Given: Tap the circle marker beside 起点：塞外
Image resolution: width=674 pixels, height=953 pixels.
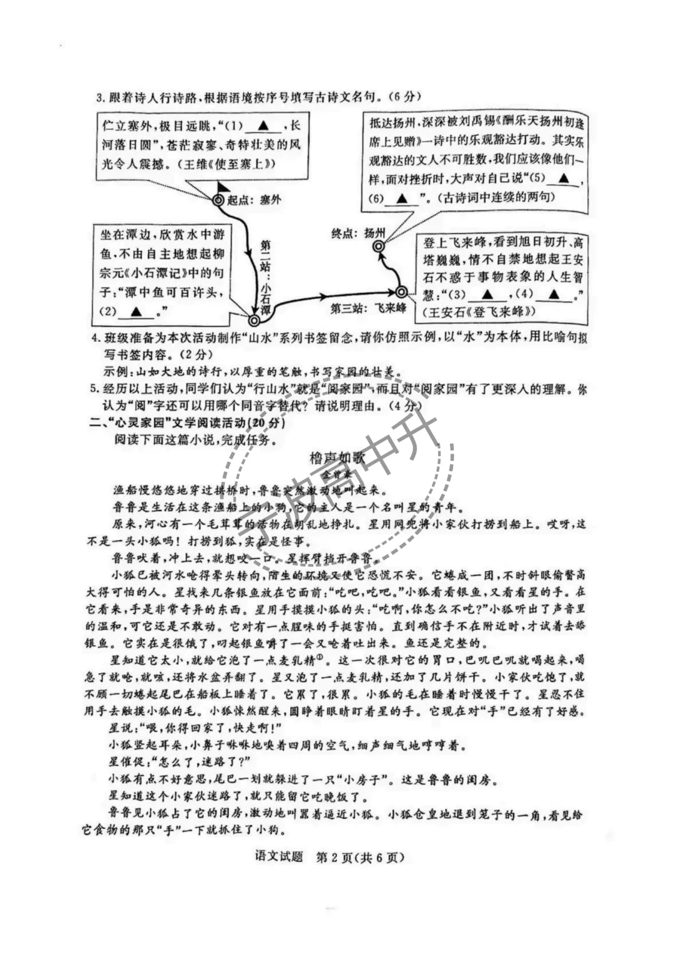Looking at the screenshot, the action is (218, 200).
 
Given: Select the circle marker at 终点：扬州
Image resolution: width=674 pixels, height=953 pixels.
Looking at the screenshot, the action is (378, 247).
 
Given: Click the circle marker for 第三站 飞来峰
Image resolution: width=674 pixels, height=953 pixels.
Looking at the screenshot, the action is (401, 292).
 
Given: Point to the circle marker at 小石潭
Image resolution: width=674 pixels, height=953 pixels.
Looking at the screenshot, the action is (253, 320).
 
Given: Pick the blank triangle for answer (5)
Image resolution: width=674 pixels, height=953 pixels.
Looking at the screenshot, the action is (564, 178).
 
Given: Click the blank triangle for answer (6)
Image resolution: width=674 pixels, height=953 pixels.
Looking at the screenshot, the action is (402, 198).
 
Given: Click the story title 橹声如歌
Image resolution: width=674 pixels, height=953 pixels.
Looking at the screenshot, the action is (337, 457).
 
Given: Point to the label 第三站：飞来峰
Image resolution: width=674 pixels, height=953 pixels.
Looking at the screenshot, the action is (368, 308).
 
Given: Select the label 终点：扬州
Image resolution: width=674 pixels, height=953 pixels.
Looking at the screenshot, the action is (358, 233).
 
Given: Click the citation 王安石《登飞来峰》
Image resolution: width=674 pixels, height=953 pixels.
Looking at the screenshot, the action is (479, 311).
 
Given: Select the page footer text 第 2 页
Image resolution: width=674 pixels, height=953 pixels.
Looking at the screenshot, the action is (335, 857).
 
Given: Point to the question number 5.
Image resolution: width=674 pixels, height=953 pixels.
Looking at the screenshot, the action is (94, 389).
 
